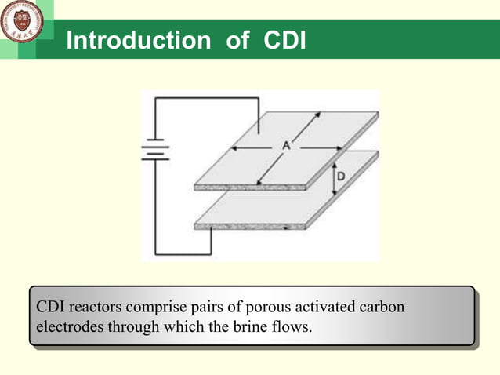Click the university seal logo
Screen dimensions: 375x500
[21, 21]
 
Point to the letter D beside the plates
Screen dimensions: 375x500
[341, 178]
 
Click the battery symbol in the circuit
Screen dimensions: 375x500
[155, 149]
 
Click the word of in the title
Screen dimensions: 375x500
[237, 41]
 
